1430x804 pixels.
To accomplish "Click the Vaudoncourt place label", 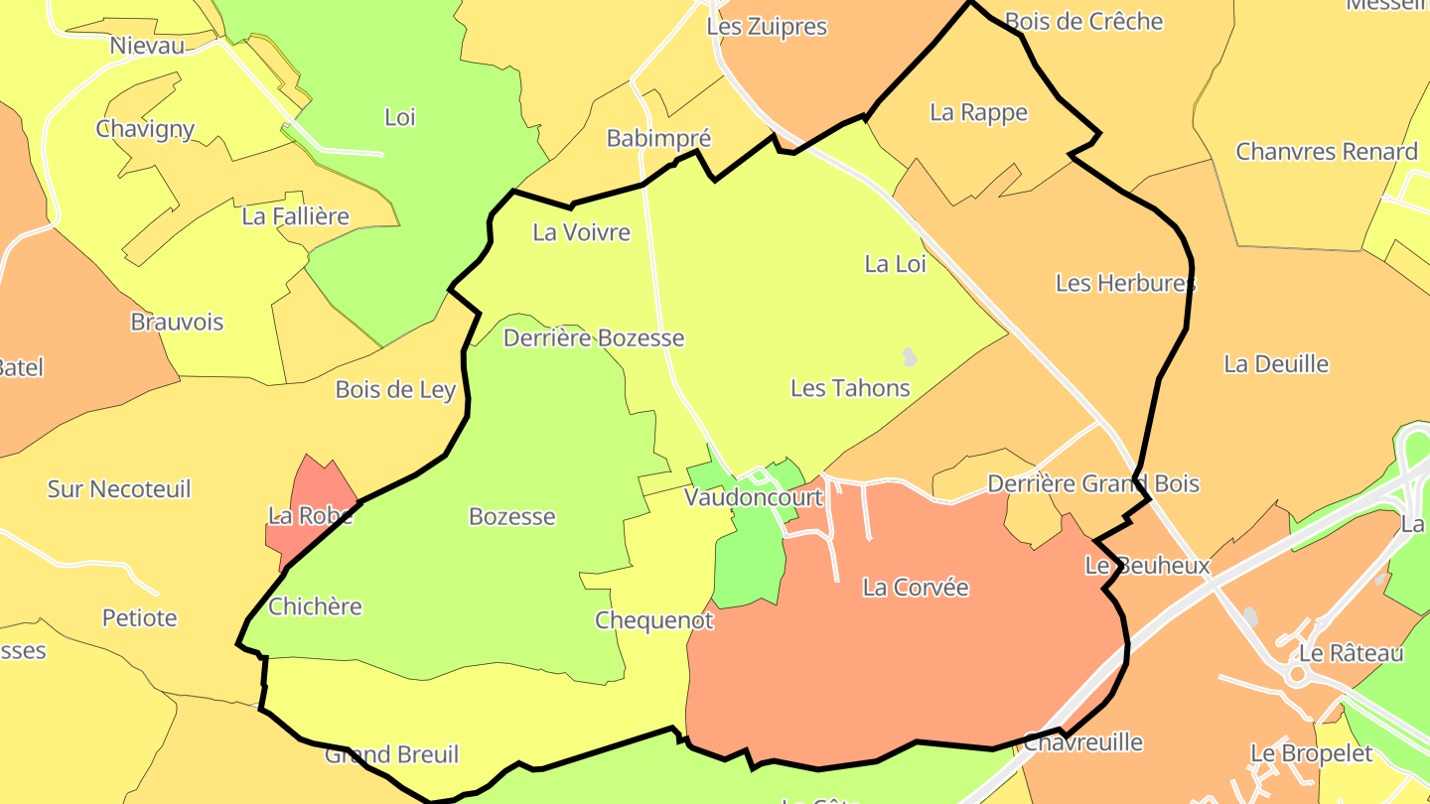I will coord(754,497).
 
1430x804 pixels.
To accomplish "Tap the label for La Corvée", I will coord(915,588).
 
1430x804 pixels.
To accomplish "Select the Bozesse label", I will coord(511,517).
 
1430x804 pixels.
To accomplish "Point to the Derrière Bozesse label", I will coord(593,338).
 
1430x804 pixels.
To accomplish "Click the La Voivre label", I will coord(581,233).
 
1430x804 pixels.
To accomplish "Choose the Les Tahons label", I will coord(850,388).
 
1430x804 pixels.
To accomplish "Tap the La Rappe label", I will coord(978,113).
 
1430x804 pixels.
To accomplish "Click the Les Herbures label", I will coord(1125,284).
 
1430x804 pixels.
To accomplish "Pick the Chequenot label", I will coord(653,621).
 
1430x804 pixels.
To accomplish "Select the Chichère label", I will coord(315,606).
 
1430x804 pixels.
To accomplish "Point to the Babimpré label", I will coord(658,139).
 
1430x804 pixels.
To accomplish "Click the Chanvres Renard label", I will coord(1326,152).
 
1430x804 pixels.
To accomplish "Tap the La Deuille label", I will coord(1276,364).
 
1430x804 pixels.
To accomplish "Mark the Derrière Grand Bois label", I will coord(1092,484).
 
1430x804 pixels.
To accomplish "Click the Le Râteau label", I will coord(1351,654).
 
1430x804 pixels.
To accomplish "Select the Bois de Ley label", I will coord(395,390).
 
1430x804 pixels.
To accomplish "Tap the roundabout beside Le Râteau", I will coord(1296,676).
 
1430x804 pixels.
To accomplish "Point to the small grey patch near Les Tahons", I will coord(909,356).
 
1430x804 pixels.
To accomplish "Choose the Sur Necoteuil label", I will coord(119,489).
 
